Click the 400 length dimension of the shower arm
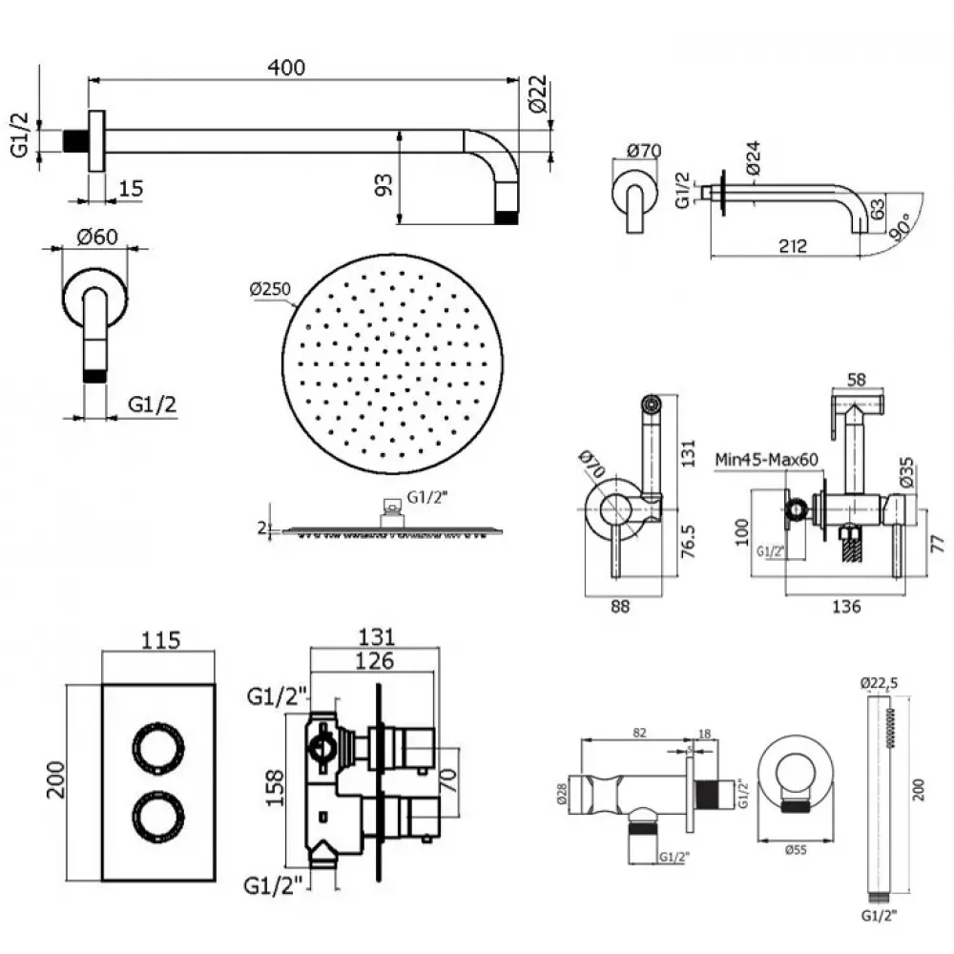(x=286, y=68)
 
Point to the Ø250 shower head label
(x=271, y=289)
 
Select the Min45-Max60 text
(x=767, y=459)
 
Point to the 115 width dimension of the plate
(x=160, y=641)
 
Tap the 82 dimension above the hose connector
(x=639, y=732)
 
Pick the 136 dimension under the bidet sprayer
(x=846, y=606)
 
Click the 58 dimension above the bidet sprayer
(x=855, y=380)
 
